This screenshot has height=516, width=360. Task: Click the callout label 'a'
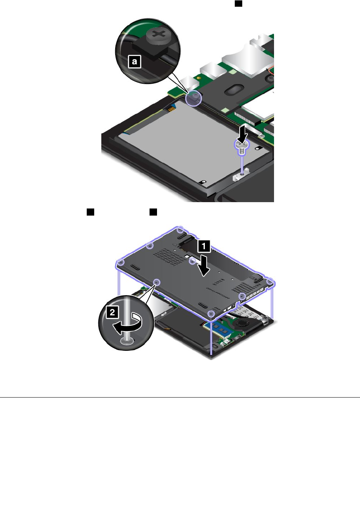[x=135, y=61]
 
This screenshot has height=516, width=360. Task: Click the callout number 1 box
[x=204, y=246]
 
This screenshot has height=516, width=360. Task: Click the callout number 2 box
[x=112, y=312]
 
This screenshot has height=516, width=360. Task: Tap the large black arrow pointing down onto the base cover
[x=204, y=265]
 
